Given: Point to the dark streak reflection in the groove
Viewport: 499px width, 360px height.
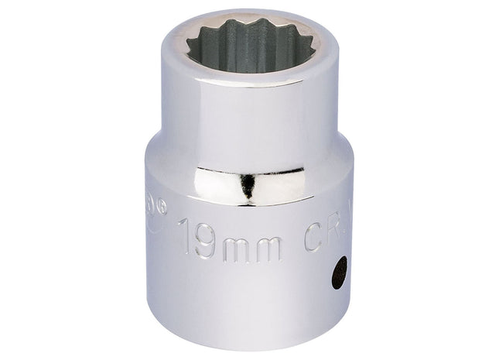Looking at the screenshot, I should (x=246, y=187).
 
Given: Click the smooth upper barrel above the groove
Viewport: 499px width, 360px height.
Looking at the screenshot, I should (x=248, y=116).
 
